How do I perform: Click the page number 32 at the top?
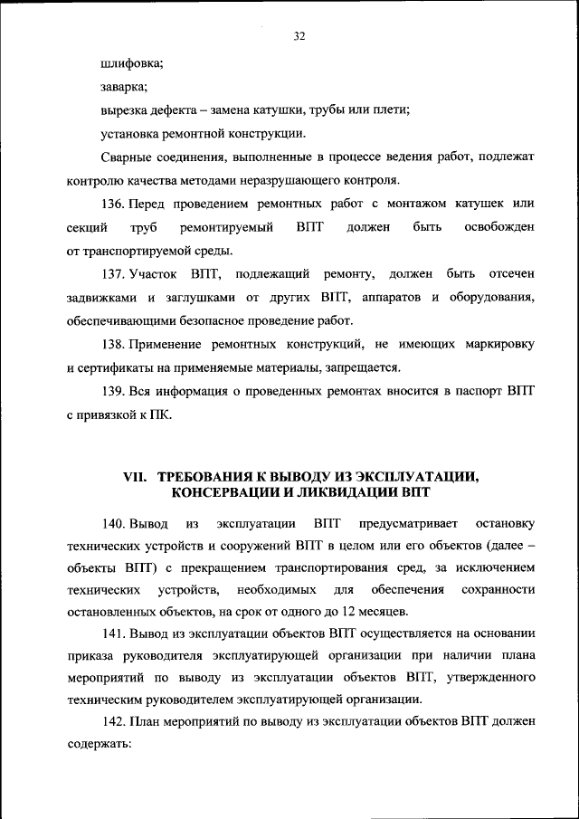(299, 37)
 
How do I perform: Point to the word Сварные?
(127, 157)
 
